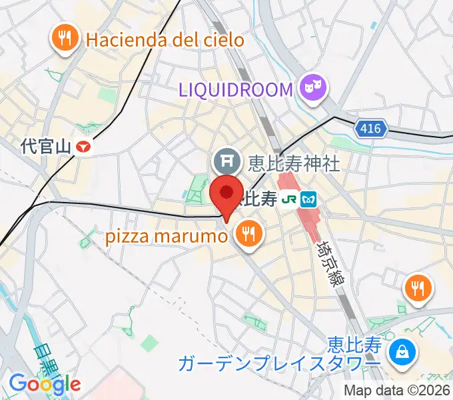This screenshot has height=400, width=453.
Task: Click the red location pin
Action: pyautogui.click(x=226, y=194)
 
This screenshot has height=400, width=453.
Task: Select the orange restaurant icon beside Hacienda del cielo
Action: pyautogui.click(x=65, y=38)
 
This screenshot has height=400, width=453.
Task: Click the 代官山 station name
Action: pyautogui.click(x=45, y=145)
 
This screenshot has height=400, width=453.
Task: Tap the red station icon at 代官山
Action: pyautogui.click(x=83, y=145)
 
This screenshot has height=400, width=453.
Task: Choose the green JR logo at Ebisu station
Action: pyautogui.click(x=289, y=198)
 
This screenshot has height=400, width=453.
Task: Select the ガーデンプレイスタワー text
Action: pyautogui.click(x=278, y=364)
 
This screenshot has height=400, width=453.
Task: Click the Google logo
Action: pyautogui.click(x=45, y=383)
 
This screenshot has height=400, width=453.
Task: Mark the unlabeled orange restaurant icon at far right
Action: pyautogui.click(x=418, y=288)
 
